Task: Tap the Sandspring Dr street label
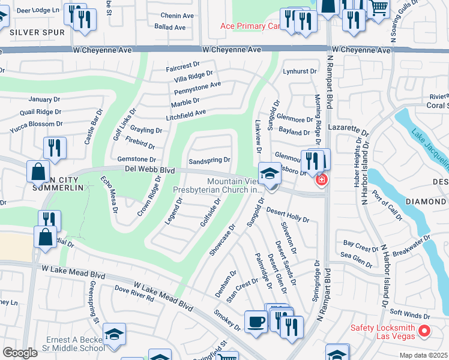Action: point(209,161)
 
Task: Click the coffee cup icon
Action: point(256,321)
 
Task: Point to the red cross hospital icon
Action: point(322,179)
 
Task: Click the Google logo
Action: point(20,352)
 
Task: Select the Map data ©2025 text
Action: point(424,355)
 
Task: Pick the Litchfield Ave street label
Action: point(186,113)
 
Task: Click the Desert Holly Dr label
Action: point(288,215)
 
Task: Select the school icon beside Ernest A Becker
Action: point(113,334)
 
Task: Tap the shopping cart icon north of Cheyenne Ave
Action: point(378,8)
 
